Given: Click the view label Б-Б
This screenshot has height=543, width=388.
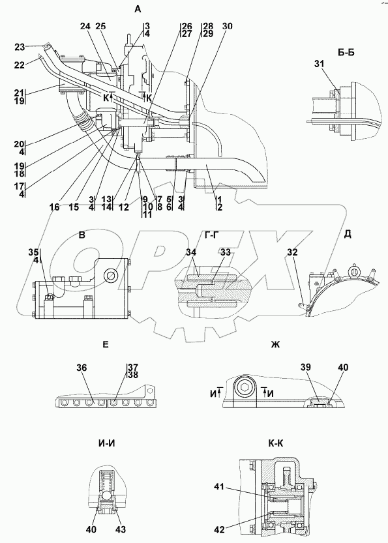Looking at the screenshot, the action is click(346, 53).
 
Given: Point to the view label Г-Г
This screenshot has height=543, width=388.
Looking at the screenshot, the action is click(211, 236).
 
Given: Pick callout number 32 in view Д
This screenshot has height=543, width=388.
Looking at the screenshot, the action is click(291, 252).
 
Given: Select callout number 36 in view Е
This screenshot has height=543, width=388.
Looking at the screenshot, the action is click(82, 368).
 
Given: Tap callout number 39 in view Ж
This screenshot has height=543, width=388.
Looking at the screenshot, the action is click(306, 368).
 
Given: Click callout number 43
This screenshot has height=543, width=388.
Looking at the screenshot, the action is click(121, 529).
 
